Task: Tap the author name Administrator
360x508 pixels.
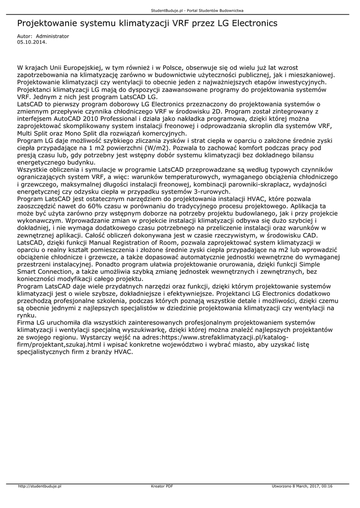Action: (53, 37)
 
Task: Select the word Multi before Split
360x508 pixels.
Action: (26, 133)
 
